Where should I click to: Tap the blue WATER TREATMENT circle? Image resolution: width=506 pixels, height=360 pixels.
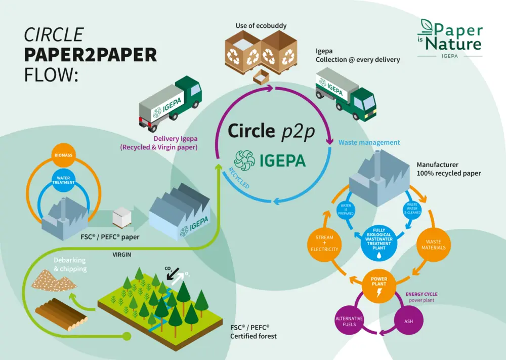pos(63,180)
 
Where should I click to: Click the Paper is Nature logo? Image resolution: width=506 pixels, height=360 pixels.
pos(451,38)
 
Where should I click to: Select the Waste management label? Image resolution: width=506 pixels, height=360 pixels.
pos(369,143)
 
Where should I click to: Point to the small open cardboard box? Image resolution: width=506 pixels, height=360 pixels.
pos(261,77)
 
